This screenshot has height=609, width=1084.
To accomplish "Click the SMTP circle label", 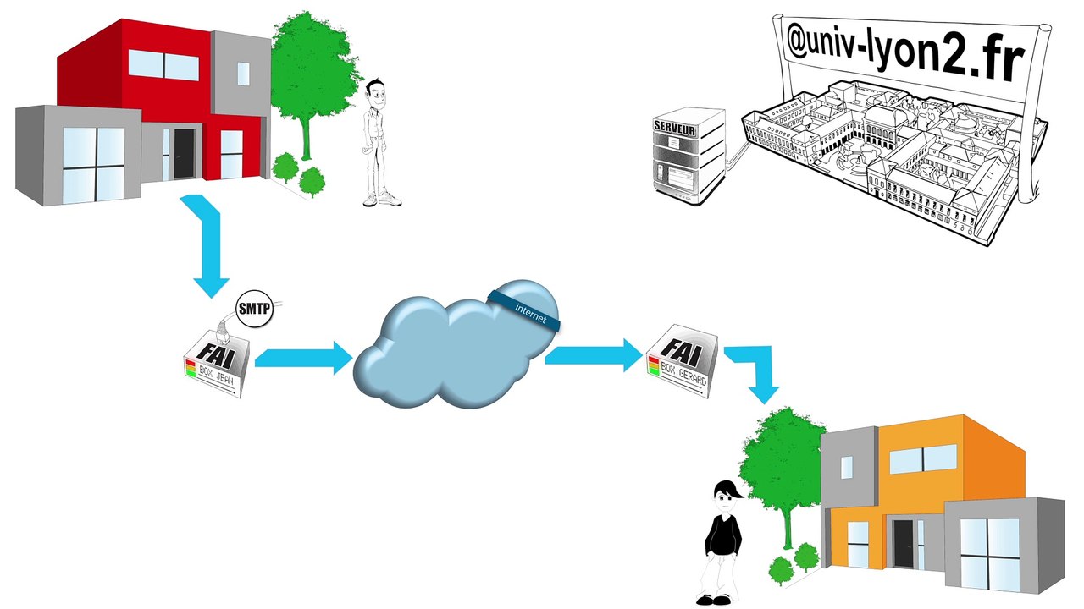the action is (x=254, y=309).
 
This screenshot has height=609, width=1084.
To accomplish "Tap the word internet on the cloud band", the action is (x=531, y=314).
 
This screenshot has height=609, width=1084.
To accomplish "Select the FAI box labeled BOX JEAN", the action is (x=217, y=364).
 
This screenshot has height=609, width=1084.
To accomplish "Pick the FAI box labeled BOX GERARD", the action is (x=683, y=361).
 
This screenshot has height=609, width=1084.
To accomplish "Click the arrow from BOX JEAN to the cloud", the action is (x=303, y=358).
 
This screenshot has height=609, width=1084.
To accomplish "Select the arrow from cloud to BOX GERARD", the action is (x=594, y=355).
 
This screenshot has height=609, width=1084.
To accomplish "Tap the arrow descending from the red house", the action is (x=208, y=244).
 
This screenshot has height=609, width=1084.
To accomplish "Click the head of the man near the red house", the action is (x=376, y=94).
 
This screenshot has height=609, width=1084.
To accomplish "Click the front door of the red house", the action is (x=184, y=153).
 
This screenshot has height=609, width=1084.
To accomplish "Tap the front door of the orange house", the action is (x=903, y=544).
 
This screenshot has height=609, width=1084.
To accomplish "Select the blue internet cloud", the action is (x=456, y=344).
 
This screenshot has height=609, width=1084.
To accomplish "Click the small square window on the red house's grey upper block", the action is (x=243, y=74).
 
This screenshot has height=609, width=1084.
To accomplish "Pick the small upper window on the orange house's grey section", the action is (x=846, y=468).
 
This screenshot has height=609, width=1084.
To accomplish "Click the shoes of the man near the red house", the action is (x=382, y=200).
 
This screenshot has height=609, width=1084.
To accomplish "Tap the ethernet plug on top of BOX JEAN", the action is (x=222, y=332).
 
